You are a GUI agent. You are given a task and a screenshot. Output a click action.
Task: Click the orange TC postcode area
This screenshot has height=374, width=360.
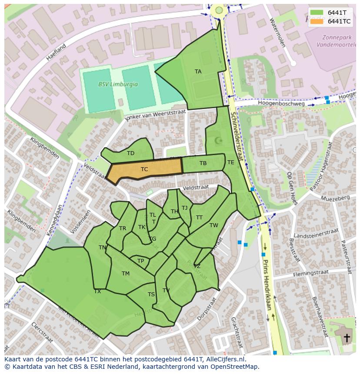pyautogui.click(x=145, y=169)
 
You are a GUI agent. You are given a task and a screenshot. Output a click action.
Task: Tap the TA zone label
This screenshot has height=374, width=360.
pyautogui.click(x=198, y=72)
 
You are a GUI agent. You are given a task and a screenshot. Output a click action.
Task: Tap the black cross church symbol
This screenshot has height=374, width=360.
pyautogui.click(x=347, y=338)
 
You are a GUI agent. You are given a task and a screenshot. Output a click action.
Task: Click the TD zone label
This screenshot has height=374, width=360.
pyautogui.click(x=130, y=153)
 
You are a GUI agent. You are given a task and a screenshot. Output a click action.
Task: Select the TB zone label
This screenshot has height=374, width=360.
pyautogui.click(x=203, y=163)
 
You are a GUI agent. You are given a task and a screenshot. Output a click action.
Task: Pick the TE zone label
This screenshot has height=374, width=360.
pyautogui.click(x=230, y=162)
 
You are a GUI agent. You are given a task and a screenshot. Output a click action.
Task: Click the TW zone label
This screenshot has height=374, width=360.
pyautogui.click(x=213, y=225)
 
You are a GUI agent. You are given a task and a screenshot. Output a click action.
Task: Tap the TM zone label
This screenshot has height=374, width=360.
pyautogui.click(x=126, y=274)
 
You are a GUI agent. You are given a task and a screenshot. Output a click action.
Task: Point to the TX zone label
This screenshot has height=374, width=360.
pyautogui.click(x=97, y=291)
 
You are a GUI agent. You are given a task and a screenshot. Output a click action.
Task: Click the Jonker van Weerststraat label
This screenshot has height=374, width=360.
pyautogui.click(x=155, y=116)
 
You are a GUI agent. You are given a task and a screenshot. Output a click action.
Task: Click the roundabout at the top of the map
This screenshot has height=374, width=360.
pyautogui.click(x=219, y=10)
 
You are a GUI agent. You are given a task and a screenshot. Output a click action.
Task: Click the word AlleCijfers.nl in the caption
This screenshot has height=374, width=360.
pyautogui.click(x=226, y=359)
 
